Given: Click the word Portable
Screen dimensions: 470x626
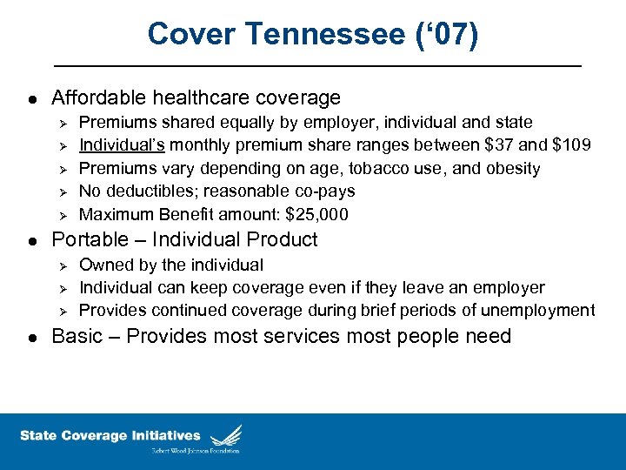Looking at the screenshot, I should pos(90,240).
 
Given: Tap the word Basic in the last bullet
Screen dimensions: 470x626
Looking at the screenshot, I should pos(76,337).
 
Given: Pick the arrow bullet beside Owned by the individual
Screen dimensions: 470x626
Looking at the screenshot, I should pos(61,265).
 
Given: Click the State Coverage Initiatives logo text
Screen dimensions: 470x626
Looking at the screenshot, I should pos(110,435).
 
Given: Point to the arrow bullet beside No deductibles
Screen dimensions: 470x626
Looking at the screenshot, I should pos(61,191).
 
